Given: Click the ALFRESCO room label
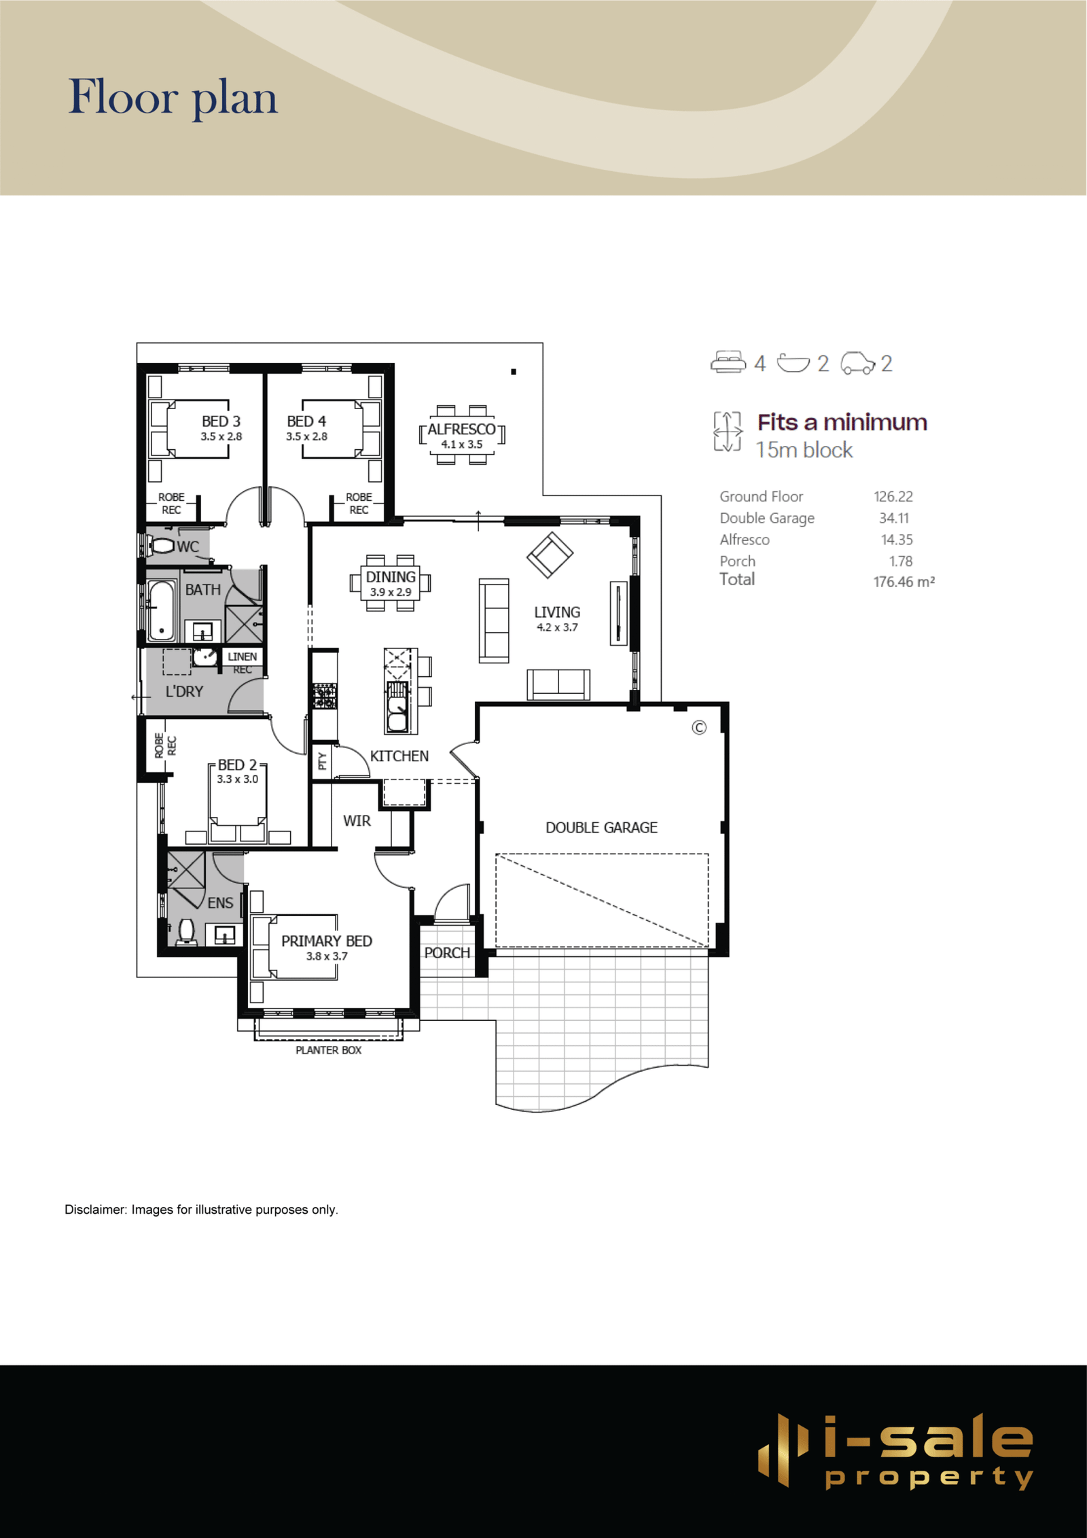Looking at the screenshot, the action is click(461, 430).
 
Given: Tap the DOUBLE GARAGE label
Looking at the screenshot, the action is click(601, 828).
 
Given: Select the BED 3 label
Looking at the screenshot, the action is click(221, 421).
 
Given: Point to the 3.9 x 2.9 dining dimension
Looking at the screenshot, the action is click(391, 592).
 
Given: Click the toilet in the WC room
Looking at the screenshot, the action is click(161, 545).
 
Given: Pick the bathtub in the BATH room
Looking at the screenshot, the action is click(162, 611).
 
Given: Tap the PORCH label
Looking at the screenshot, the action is click(447, 953).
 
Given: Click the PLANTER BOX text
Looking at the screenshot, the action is click(328, 1050).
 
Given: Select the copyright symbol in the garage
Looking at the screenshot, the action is click(699, 728).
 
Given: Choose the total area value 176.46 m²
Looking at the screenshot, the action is click(904, 582).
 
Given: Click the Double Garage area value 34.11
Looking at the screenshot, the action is click(894, 518).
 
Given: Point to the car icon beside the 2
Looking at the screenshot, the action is click(858, 363).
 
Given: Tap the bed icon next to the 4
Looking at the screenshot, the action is click(728, 362).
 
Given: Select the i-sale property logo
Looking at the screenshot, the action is click(895, 1451).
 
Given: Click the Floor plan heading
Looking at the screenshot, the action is click(173, 97).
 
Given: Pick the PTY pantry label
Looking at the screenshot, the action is click(322, 761).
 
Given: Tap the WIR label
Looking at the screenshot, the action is click(357, 821).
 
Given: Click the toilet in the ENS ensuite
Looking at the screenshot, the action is click(186, 931).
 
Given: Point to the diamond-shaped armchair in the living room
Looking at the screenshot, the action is click(550, 555).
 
